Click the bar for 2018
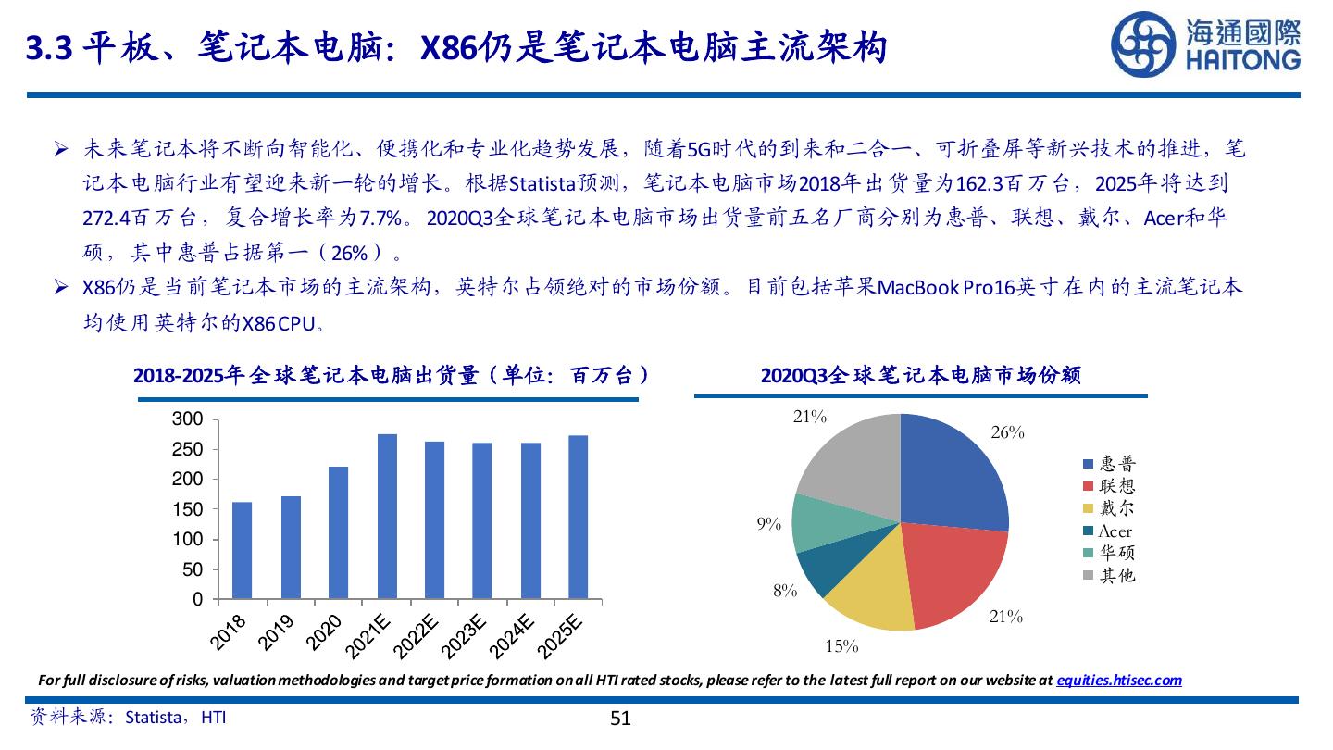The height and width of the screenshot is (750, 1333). point(242,551)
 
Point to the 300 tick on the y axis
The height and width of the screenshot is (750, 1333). point(188,419)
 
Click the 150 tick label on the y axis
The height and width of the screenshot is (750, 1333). point(188,510)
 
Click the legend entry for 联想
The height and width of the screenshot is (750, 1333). point(1110,486)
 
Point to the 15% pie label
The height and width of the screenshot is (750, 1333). point(841,646)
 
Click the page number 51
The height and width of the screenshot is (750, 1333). point(620,719)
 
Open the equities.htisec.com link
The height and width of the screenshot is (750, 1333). point(1119,680)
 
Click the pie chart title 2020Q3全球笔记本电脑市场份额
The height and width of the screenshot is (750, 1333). point(920,375)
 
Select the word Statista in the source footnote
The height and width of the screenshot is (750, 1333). point(154,717)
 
